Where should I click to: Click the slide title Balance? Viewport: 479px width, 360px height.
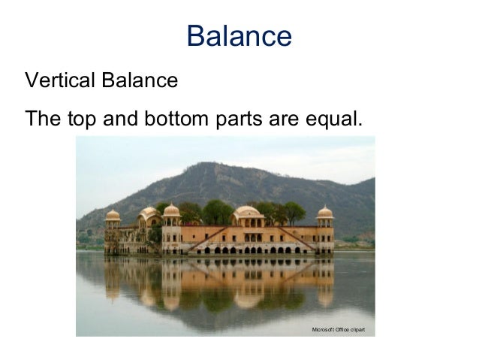pos(239,36)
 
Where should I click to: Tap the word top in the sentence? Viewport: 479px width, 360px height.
pos(84,119)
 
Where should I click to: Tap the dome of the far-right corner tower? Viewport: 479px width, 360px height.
pos(324,213)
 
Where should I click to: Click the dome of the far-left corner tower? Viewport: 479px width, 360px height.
pos(113,216)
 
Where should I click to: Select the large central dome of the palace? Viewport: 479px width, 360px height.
pos(247,212)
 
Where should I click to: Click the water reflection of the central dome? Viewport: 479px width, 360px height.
pos(247,297)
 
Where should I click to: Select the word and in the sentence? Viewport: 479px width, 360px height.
pos(125,119)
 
